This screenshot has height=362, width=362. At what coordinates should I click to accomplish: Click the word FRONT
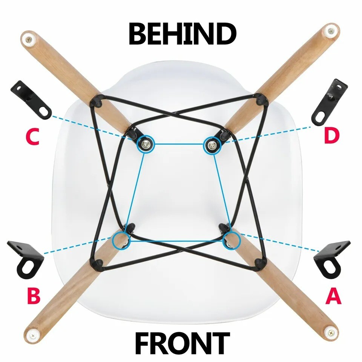point(182,344)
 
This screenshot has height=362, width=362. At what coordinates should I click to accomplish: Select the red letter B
point(34,295)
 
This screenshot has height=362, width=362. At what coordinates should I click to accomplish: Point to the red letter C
point(33,137)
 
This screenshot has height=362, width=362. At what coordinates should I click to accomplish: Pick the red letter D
point(332,136)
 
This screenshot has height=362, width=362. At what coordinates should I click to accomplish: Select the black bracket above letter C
point(31,100)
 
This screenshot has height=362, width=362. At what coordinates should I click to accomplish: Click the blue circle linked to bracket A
point(232,240)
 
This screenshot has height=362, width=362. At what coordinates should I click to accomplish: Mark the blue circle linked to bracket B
point(121,240)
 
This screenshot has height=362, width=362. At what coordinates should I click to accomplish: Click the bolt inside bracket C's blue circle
point(145,143)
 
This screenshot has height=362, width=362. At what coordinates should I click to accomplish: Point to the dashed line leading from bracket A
point(279,242)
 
